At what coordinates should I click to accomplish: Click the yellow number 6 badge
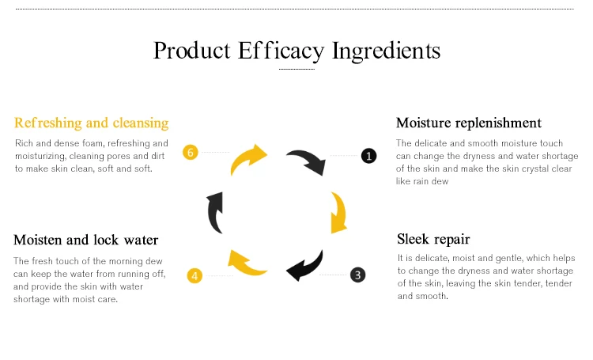point(190,153)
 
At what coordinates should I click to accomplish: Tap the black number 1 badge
point(368,156)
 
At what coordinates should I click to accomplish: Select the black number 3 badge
point(358,275)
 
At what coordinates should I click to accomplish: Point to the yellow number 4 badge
point(195,275)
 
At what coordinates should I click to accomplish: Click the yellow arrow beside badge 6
point(248,158)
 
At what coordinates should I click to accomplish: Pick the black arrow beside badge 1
point(306,161)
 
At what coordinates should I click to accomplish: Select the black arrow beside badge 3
point(305,266)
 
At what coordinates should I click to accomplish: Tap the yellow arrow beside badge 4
point(247,263)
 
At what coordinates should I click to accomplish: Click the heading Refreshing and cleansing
point(91,123)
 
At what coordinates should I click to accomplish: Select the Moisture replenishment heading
point(468,123)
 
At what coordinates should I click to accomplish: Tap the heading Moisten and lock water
point(85,240)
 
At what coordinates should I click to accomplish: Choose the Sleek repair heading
point(434,238)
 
